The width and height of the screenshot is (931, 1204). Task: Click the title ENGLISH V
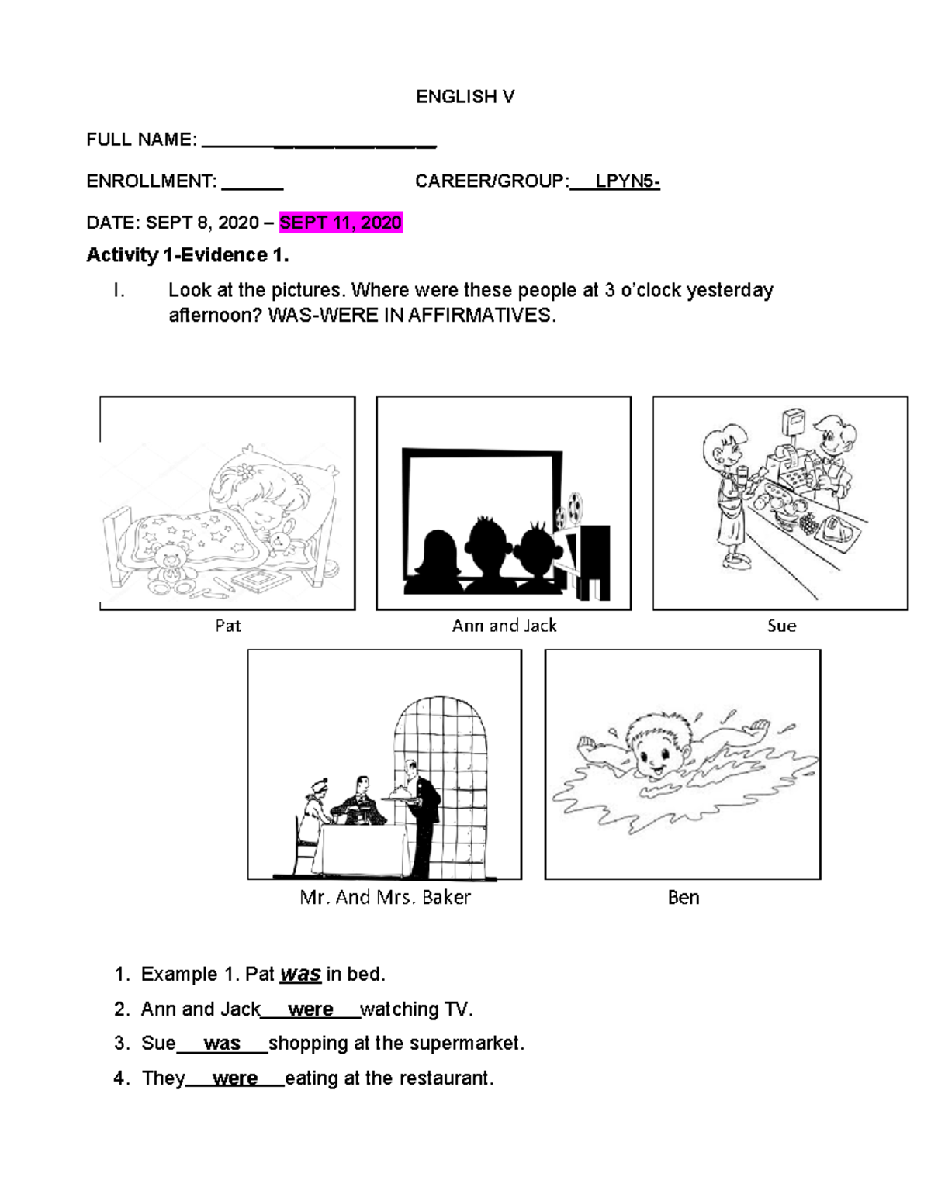pos(465,97)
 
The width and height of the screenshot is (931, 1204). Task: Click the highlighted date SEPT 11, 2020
pos(341,223)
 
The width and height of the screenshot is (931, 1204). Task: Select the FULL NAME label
pos(141,140)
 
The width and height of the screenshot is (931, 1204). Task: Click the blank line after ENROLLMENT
pos(252,183)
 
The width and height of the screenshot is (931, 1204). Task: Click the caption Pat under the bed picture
pos(228,626)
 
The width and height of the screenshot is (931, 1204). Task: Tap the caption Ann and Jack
pos(504,626)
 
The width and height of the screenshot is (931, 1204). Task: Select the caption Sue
pos(781,626)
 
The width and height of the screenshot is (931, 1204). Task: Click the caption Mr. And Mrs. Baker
pos(386,897)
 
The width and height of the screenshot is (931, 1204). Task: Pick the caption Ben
pos(684,897)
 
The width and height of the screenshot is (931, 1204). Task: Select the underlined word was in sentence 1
pos(300,975)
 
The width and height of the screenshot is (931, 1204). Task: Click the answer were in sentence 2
pos(310,1009)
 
